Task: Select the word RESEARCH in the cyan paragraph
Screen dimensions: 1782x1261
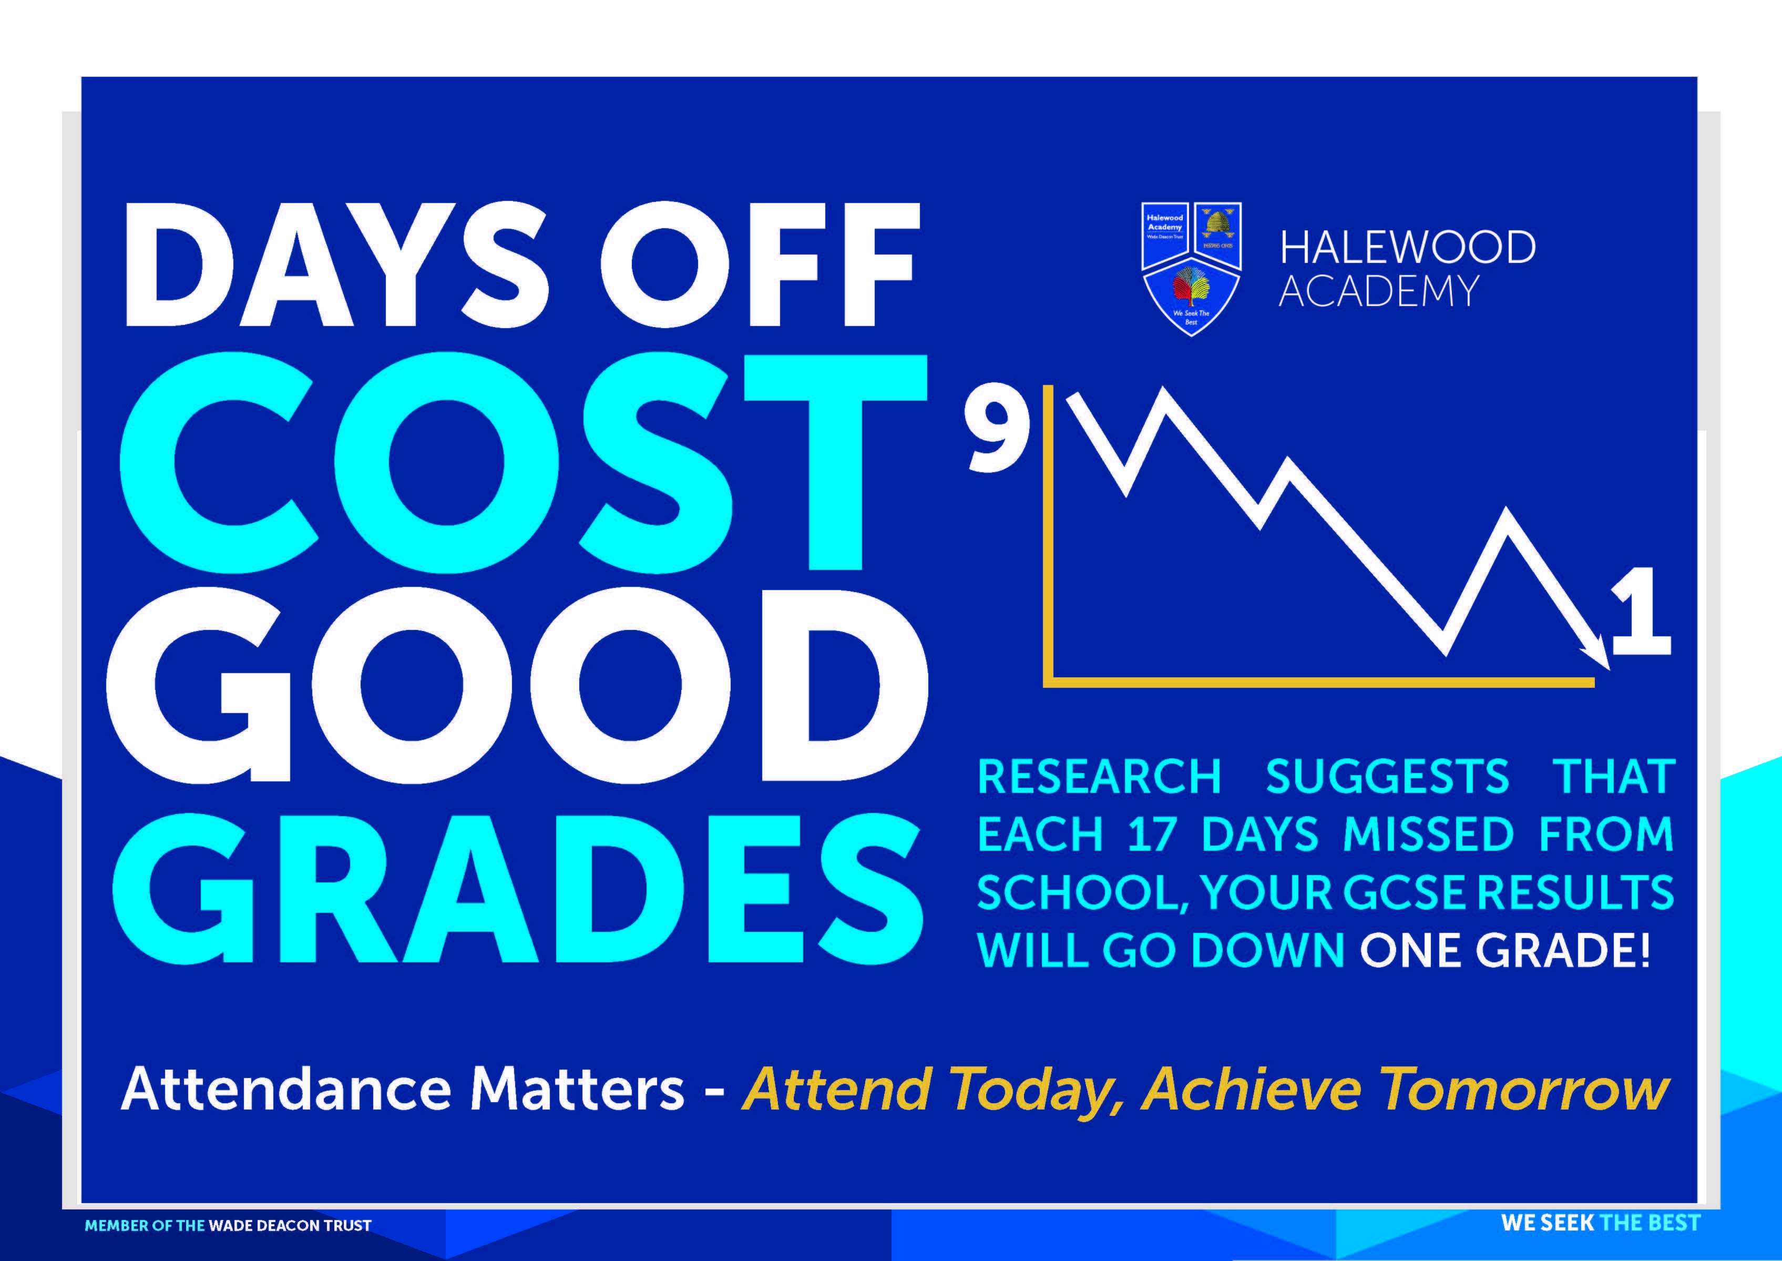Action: click(x=1099, y=777)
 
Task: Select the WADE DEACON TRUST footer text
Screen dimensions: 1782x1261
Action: click(x=289, y=1225)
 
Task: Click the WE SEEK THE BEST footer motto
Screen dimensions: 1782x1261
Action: click(x=1601, y=1222)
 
